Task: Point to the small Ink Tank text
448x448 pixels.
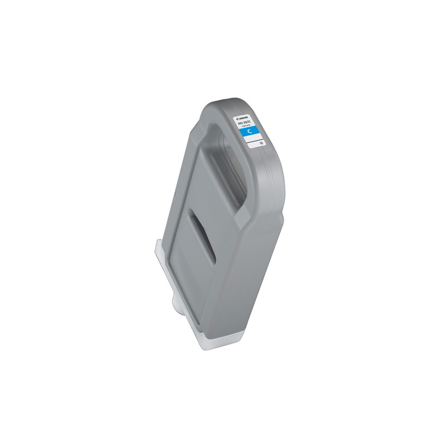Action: click(249, 128)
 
